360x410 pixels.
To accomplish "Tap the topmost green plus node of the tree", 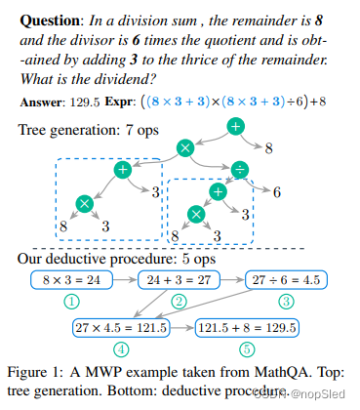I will pos(235,126).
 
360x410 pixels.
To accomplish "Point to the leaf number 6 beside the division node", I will pos(277,192).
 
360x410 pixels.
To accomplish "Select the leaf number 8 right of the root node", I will pos(268,148).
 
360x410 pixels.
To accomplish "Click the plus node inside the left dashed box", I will pos(123,170).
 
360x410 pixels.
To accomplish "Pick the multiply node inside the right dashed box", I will pos(198,214).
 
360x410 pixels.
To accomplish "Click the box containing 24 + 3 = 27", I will pos(182,280).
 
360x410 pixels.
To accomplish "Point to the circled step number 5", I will pos(247,349).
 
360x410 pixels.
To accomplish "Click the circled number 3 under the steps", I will pos(288,301).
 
